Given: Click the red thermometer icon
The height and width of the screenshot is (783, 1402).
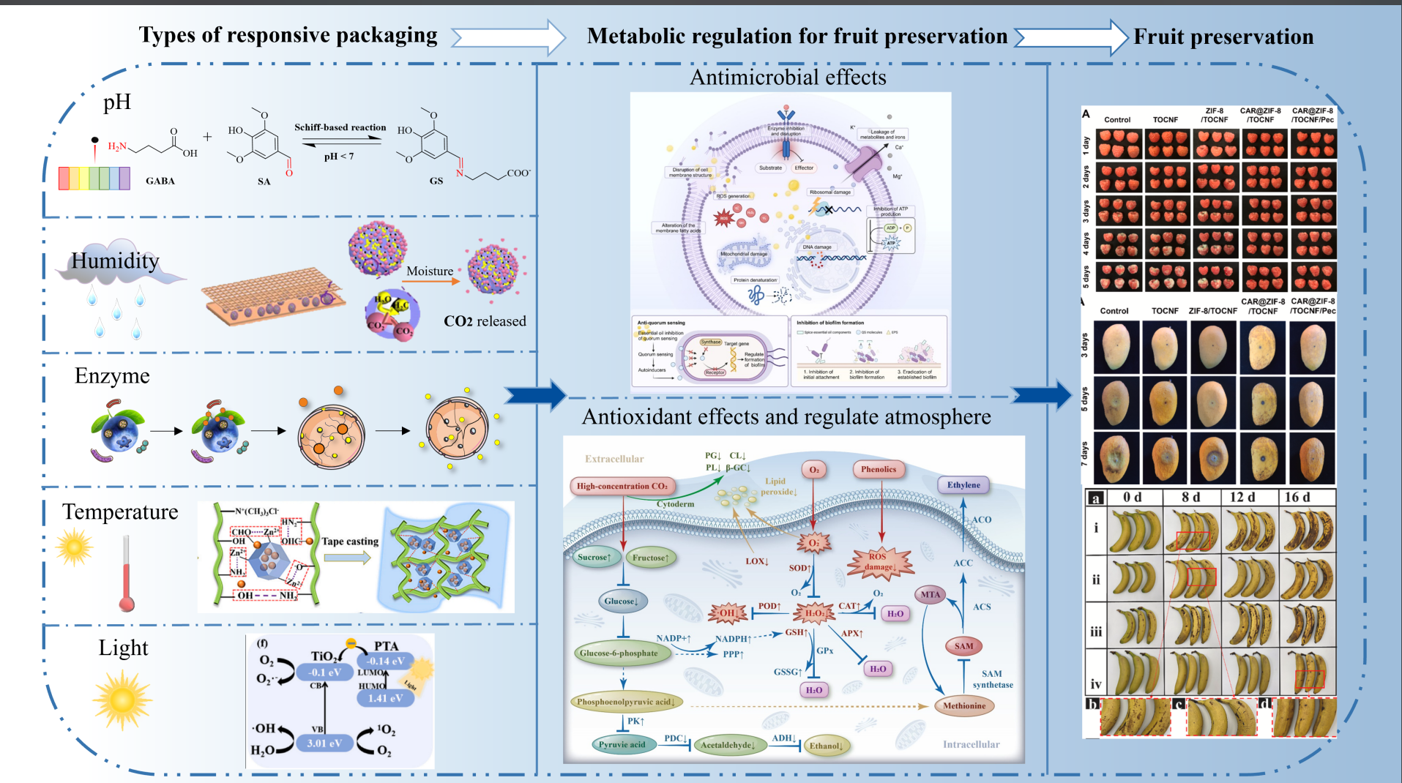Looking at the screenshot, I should (x=127, y=575).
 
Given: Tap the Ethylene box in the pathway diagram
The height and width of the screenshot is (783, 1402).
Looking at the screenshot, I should (x=963, y=485).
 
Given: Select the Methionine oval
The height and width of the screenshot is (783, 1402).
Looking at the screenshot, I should (x=963, y=706).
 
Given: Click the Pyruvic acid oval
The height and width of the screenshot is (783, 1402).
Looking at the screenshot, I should (x=622, y=745).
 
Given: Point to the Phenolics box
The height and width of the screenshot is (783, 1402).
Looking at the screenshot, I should (x=879, y=470).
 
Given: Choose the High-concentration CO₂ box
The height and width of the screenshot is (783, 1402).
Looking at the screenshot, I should (x=622, y=486).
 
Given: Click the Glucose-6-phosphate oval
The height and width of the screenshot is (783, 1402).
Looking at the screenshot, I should (x=619, y=653).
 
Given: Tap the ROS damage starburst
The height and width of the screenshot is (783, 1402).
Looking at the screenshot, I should (x=879, y=562).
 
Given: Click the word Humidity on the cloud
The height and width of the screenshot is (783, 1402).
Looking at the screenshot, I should (x=115, y=261).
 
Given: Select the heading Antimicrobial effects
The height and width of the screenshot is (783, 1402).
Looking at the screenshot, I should (x=788, y=78).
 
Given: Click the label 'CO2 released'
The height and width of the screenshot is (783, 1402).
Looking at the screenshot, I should (x=485, y=321).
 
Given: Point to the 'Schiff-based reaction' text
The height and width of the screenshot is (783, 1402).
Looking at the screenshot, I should (x=340, y=127).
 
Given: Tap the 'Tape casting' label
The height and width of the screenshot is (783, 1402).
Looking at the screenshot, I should (x=350, y=542).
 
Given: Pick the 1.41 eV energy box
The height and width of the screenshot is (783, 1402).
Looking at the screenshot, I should (x=386, y=698).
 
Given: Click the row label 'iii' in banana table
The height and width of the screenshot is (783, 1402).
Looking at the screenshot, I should (x=1095, y=632).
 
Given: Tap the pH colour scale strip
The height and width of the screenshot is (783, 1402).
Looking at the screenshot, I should (x=94, y=179).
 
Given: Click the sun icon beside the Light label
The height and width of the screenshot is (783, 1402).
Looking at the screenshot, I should (x=122, y=700).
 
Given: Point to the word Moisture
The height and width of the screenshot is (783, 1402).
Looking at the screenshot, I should (x=430, y=271).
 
